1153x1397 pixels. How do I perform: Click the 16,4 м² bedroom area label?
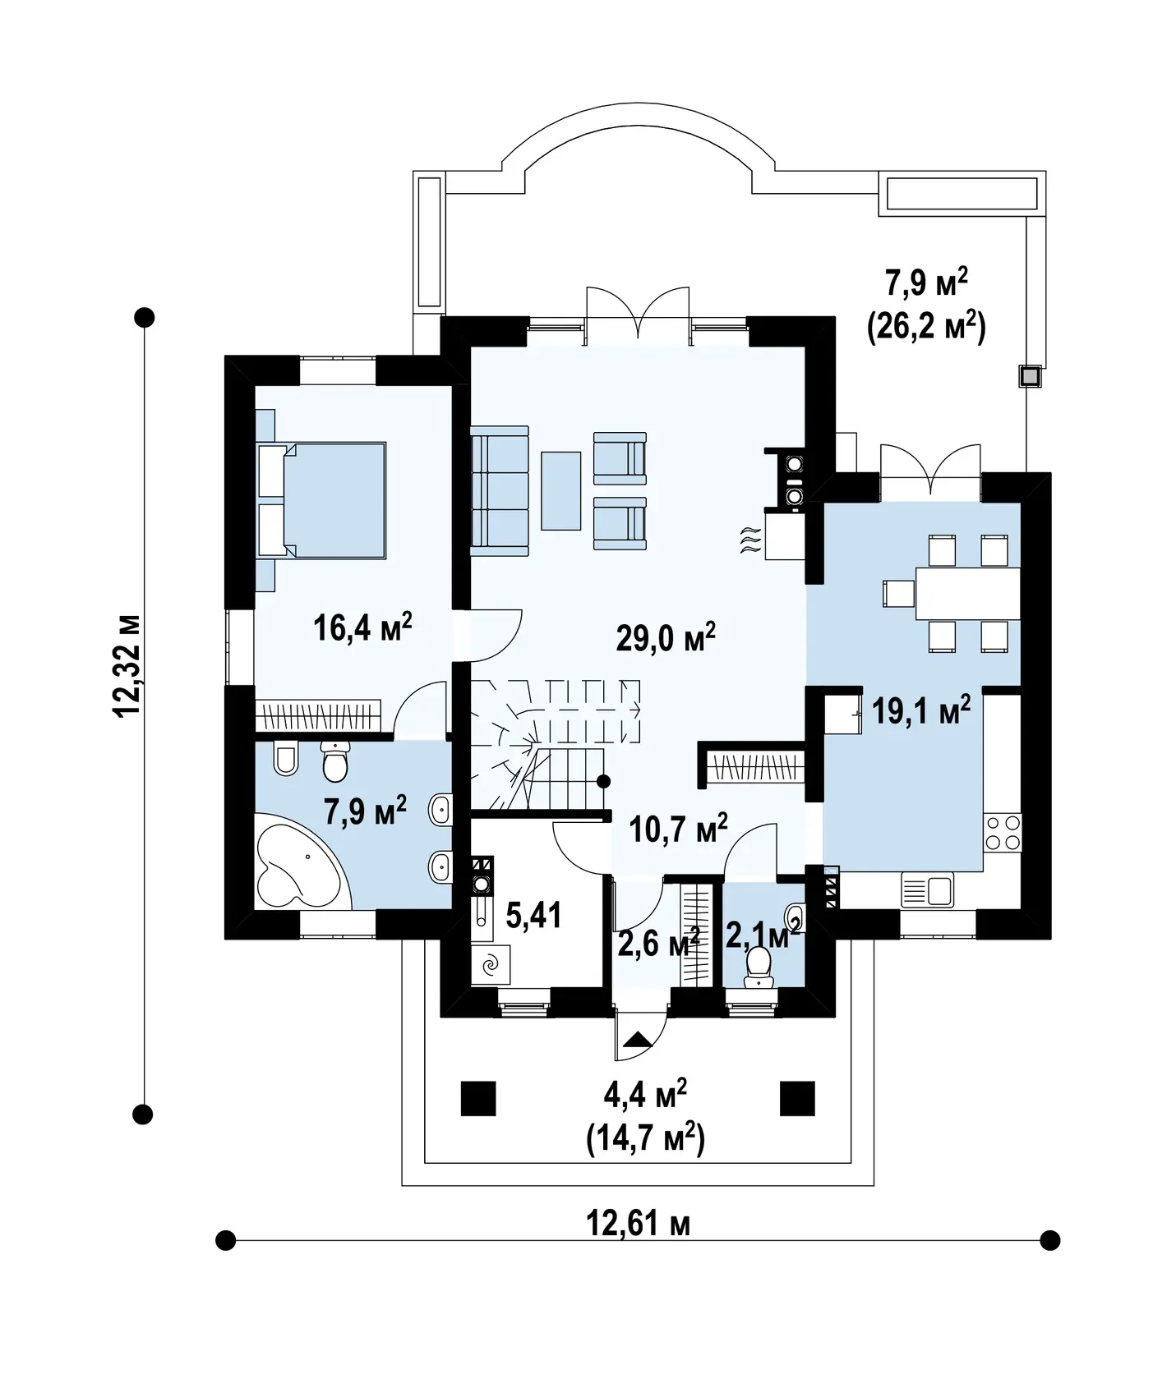coord(362,628)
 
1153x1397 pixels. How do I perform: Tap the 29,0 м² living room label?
coord(666,636)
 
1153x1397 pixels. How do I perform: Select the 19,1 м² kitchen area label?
coord(921,710)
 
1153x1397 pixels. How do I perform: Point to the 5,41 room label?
coord(533,914)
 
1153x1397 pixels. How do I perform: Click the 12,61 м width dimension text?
coord(638,1223)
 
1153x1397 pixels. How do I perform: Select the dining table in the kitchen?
coord(968,593)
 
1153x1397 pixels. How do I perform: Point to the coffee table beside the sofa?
coord(560,490)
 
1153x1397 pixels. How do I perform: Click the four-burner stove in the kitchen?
coord(1003,833)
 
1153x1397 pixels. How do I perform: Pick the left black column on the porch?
coord(478,1098)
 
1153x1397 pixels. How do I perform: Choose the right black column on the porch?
coord(797,1098)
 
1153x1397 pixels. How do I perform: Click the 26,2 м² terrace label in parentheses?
coord(926,327)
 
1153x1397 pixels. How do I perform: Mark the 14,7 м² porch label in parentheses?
coord(645,1139)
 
